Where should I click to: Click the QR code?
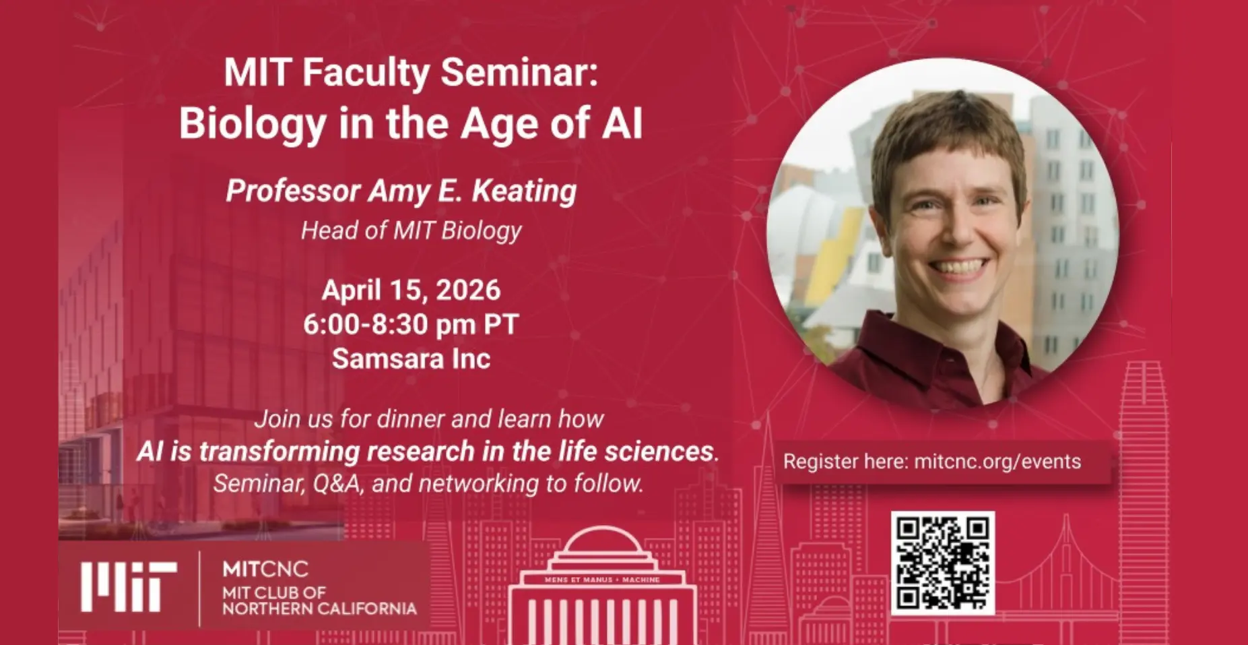coord(942,563)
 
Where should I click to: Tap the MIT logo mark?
coord(129,586)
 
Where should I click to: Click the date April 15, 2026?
coord(411,290)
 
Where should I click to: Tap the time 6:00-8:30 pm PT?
coord(411,325)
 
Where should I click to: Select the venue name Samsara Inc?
coord(411,359)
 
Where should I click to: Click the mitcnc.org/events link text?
coord(997,462)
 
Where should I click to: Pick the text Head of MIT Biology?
coord(411,231)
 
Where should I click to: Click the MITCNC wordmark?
coord(265,570)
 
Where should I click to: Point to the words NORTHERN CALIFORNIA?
coord(320,609)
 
